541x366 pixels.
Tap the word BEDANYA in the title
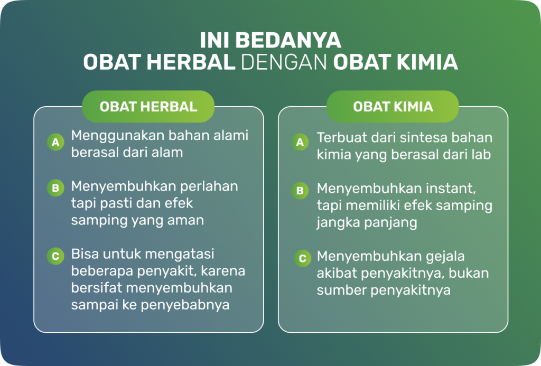pos(293,40)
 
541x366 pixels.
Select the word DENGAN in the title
pos(284,62)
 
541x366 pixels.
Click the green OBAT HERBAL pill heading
pos(148,107)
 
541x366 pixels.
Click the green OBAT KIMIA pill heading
pos(393,107)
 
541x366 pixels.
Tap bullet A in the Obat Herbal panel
pos(55,142)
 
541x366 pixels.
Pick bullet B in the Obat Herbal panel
pos(55,188)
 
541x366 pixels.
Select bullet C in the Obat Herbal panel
pos(55,256)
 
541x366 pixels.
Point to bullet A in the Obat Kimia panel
pos(300,142)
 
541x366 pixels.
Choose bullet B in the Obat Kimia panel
pos(300,191)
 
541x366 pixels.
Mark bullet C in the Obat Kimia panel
pos(303,258)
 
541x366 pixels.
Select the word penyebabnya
pos(185,305)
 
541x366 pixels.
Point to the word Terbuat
pos(340,138)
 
